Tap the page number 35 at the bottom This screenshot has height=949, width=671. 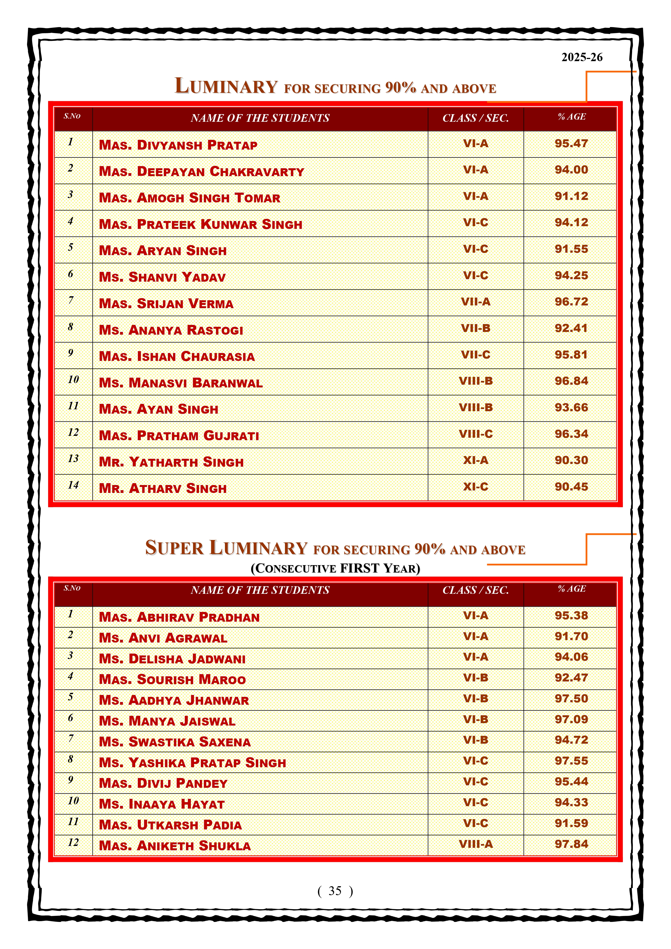(x=335, y=891)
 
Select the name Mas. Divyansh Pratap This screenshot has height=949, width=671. (x=178, y=145)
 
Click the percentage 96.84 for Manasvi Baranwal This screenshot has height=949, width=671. (x=571, y=381)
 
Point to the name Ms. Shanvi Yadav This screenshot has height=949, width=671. (x=162, y=277)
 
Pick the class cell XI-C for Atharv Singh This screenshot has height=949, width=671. (x=476, y=487)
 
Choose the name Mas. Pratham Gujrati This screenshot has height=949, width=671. (x=179, y=436)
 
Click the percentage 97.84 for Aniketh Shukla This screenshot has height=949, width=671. (x=571, y=844)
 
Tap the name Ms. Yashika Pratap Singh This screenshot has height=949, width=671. (x=192, y=763)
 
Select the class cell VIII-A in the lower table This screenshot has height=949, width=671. (x=476, y=844)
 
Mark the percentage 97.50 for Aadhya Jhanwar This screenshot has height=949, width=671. (x=571, y=698)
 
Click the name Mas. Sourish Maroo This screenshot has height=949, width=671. (x=172, y=680)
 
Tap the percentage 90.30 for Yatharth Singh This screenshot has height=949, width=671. (x=571, y=460)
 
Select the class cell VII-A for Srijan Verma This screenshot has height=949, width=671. (x=476, y=302)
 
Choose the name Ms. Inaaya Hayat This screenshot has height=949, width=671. (x=162, y=804)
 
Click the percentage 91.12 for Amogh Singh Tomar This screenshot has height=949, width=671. (x=571, y=196)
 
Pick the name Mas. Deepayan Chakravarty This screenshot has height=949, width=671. (x=202, y=172)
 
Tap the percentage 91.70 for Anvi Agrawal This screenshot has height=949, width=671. (x=571, y=637)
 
